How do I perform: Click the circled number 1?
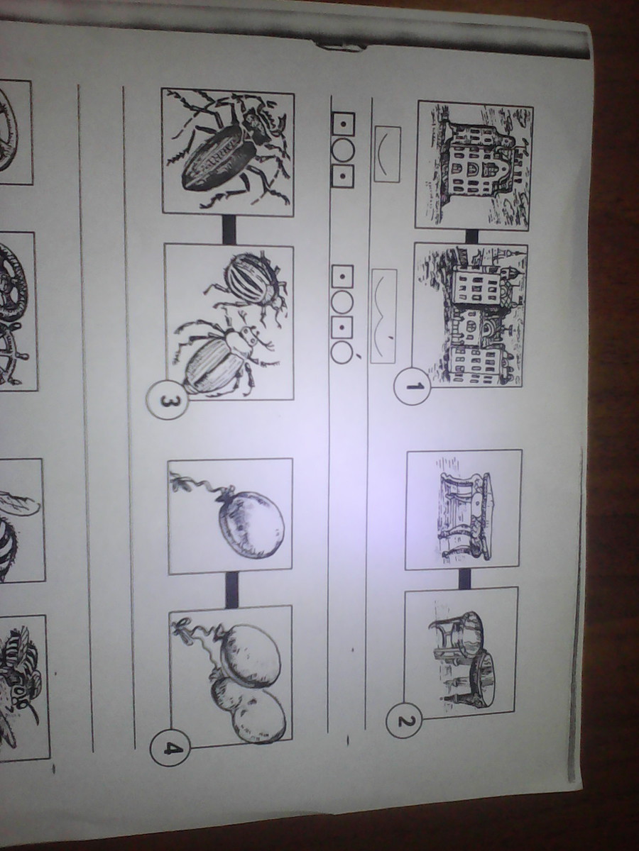coord(412,386)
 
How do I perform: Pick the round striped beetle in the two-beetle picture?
coord(245,284)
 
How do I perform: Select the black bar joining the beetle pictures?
coord(229,230)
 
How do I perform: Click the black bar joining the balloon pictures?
coord(231,589)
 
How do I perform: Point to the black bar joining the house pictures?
coord(472,235)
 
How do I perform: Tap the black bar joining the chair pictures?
coord(464,578)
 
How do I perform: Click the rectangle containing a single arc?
coord(387,155)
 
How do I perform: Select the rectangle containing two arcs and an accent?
coord(383,316)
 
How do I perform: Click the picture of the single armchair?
coord(464,509)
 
